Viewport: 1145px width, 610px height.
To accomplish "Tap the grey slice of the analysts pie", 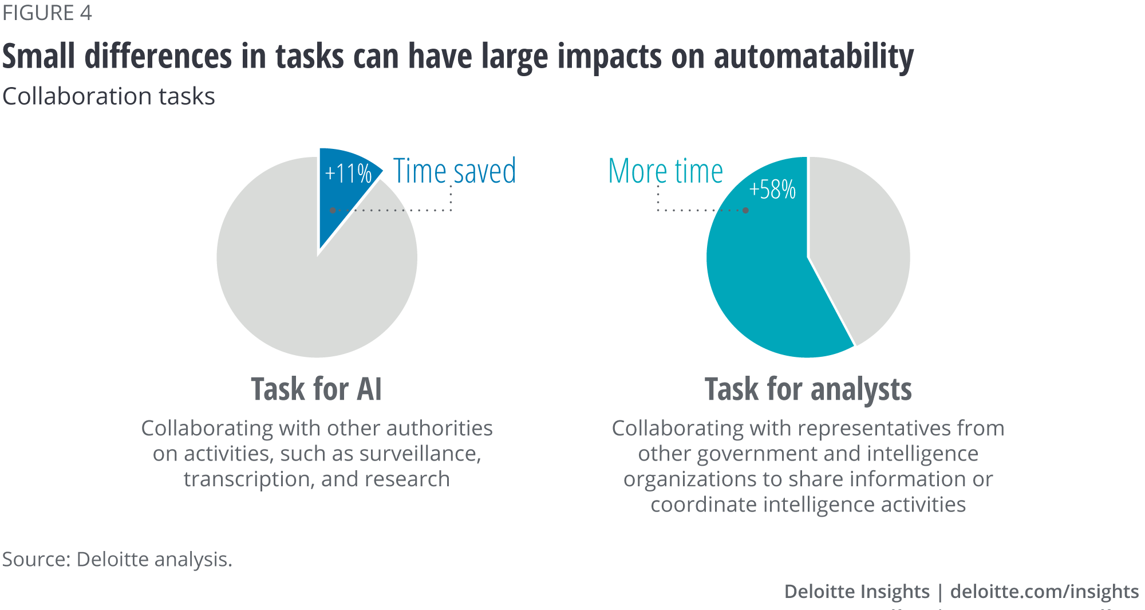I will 859,241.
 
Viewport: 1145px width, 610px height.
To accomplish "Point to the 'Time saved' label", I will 454,171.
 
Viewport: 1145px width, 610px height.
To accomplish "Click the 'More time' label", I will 665,171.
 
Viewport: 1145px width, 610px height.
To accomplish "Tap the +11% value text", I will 348,174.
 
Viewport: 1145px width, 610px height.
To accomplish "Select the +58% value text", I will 772,190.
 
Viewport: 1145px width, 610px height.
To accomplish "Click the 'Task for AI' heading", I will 316,389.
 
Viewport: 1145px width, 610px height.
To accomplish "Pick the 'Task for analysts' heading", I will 808,389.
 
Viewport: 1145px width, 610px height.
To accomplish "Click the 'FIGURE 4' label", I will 47,13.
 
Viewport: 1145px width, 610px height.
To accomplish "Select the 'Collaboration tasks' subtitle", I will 109,96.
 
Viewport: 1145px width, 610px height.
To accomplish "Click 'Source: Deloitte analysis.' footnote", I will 117,559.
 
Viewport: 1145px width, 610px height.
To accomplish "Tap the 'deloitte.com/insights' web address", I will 1044,591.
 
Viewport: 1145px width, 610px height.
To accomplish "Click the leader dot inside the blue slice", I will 333,210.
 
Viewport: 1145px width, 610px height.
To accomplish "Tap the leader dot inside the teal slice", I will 745,210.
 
